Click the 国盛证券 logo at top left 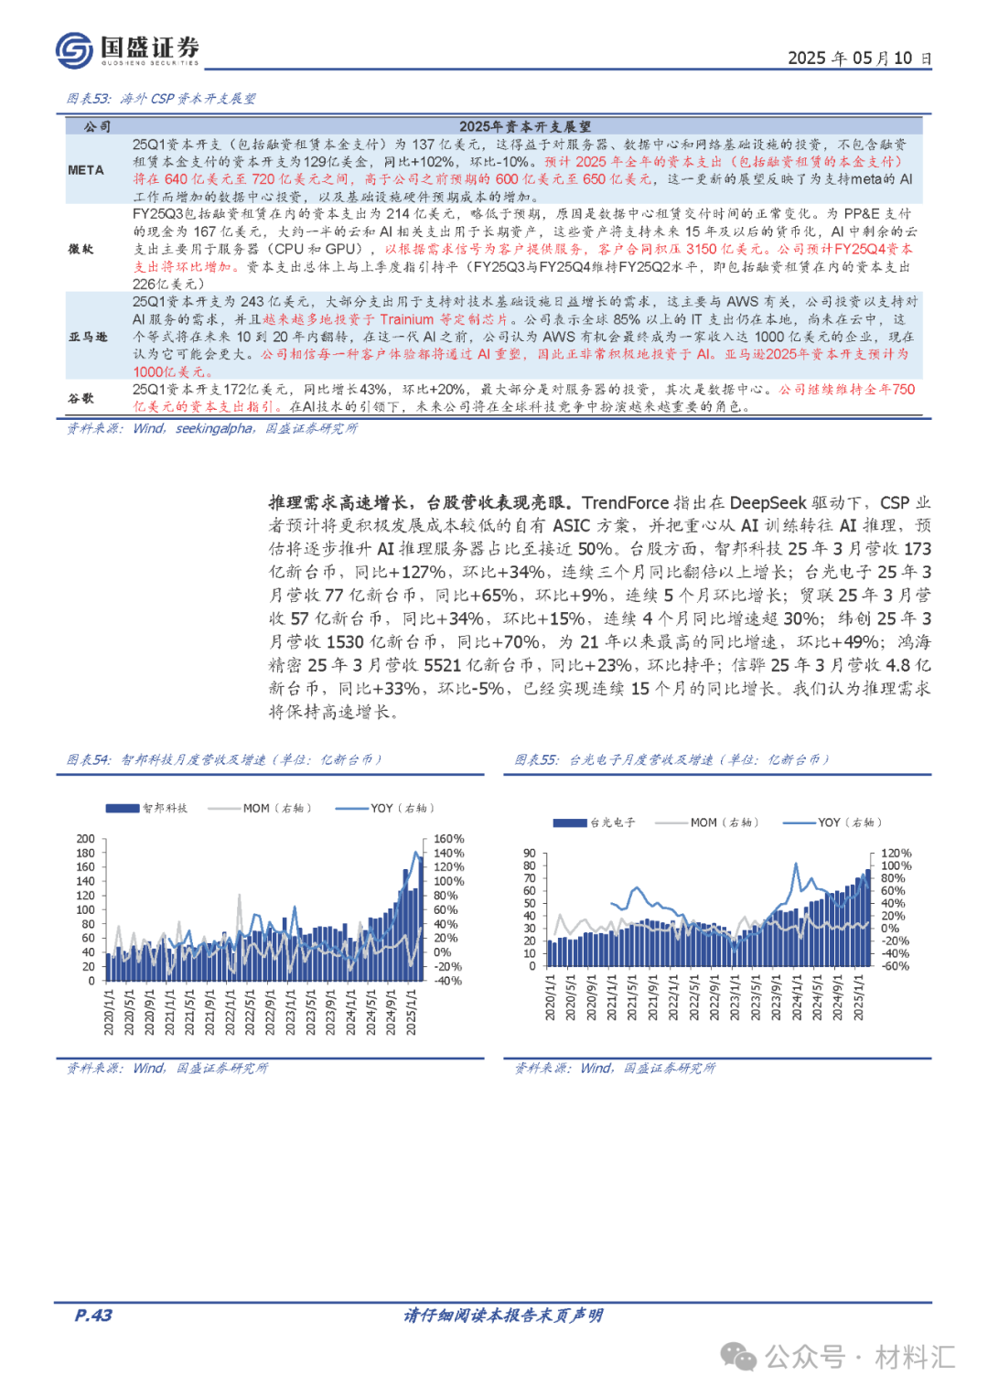point(127,49)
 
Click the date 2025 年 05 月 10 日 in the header point(859,58)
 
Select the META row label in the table point(86,170)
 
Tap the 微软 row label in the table point(81,249)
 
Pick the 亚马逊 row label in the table point(88,337)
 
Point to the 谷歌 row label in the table point(81,398)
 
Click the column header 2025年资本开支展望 point(524,127)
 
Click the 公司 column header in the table point(97,127)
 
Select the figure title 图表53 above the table point(161,99)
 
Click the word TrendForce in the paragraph point(625,502)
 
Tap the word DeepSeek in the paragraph point(768,502)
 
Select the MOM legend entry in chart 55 point(703,822)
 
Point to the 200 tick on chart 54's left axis point(85,839)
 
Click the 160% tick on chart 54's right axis point(449,839)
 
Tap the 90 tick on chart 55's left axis point(530,854)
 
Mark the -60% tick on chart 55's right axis point(894,966)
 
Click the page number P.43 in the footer point(93,1316)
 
